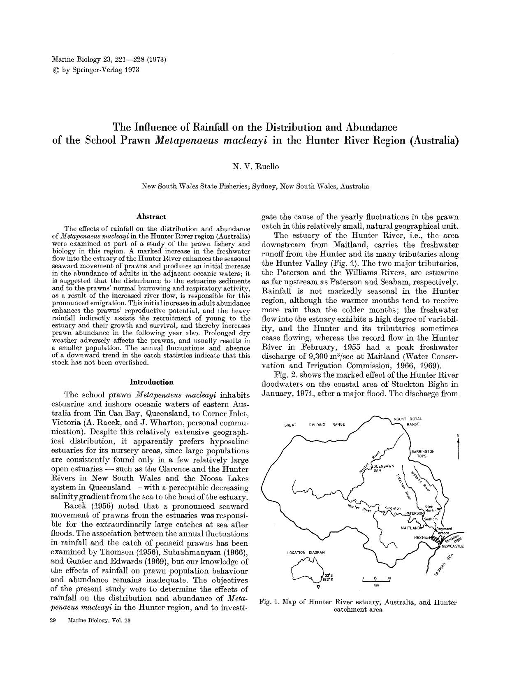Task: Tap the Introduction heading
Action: pyautogui.click(x=151, y=382)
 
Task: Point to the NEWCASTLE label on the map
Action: pyautogui.click(x=452, y=546)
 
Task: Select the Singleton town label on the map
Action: pyautogui.click(x=392, y=508)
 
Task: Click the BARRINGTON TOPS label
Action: pyautogui.click(x=423, y=454)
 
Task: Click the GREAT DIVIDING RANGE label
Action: pyautogui.click(x=315, y=425)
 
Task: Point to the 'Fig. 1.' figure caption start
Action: pyautogui.click(x=269, y=603)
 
